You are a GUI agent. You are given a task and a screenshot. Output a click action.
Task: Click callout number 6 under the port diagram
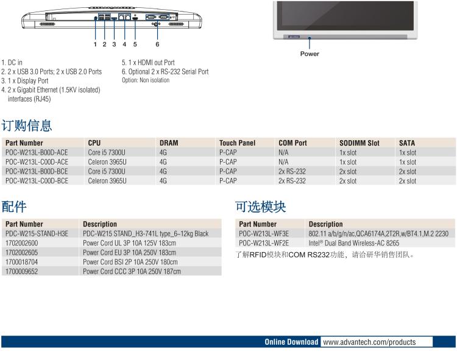click(x=157, y=44)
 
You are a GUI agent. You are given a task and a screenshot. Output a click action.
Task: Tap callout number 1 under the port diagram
click(x=95, y=44)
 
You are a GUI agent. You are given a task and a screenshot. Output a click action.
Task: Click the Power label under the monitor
click(x=310, y=54)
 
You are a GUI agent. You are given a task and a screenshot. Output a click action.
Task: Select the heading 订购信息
click(x=27, y=125)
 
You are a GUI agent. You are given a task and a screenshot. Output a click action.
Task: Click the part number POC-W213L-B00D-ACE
click(x=37, y=152)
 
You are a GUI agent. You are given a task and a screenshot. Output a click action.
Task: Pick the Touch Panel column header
click(x=237, y=143)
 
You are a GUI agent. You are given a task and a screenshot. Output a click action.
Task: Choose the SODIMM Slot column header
click(x=360, y=143)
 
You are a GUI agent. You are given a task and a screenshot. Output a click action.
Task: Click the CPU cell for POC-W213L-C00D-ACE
click(x=107, y=162)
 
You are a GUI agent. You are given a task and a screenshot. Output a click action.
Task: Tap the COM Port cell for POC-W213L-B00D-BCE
click(x=292, y=171)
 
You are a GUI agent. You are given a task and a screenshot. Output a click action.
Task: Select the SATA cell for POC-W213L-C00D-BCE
click(x=408, y=181)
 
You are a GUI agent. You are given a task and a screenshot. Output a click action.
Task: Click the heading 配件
click(x=13, y=206)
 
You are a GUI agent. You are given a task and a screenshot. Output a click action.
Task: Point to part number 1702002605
click(x=21, y=253)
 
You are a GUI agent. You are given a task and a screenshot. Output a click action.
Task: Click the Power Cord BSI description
click(x=130, y=262)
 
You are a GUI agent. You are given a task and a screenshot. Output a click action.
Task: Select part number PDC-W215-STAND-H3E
click(x=37, y=233)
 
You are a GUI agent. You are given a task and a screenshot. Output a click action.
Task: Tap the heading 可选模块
click(x=261, y=206)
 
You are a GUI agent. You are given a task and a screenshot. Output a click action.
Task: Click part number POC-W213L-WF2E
click(x=264, y=243)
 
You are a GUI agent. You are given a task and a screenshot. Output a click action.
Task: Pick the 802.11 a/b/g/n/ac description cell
click(x=378, y=233)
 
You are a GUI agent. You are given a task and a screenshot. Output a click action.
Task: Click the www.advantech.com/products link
click(x=369, y=342)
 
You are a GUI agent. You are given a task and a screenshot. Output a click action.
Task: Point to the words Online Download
click(x=291, y=342)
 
